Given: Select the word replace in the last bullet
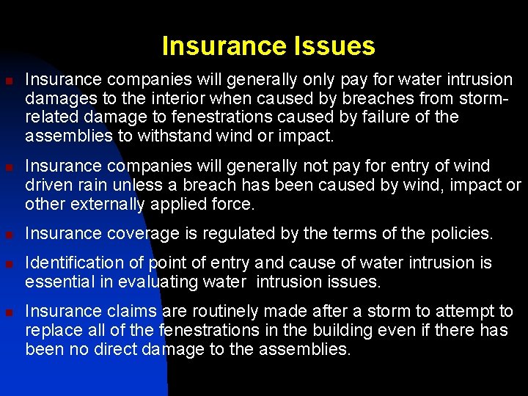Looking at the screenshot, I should pyautogui.click(x=50, y=331).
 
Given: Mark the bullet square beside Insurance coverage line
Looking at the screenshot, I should pyautogui.click(x=9, y=235).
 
